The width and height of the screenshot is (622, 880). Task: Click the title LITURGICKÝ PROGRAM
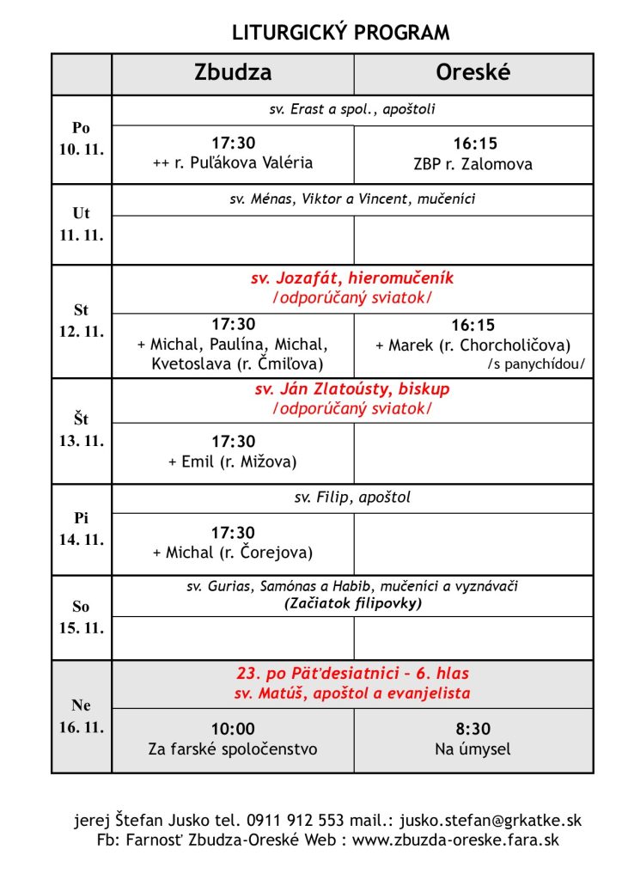pos(341,34)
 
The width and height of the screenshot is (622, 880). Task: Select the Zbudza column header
pos(232,73)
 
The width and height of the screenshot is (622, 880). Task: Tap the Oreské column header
pos(473,73)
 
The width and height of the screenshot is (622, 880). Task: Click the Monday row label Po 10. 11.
pos(82,138)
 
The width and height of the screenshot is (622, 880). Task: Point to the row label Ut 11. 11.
pos(82,224)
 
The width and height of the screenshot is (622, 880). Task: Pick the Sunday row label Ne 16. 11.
pos(82,716)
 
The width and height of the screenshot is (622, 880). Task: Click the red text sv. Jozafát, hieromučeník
pos(352,278)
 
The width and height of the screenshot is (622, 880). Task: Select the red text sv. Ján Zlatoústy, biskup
pos(352,389)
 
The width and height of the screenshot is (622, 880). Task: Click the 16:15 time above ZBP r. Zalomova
pos(475,144)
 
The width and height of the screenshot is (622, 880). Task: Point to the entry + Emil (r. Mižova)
pos(233,461)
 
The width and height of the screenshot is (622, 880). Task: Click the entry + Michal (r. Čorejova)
pos(233,553)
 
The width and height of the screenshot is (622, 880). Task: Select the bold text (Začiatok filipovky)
pos(352,603)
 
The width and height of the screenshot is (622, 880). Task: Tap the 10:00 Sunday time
pos(233,730)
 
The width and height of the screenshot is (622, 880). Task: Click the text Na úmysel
pos(473,749)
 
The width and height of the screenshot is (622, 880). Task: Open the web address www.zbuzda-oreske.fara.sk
pos(454,840)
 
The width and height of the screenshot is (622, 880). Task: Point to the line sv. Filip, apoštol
pos(352,498)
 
